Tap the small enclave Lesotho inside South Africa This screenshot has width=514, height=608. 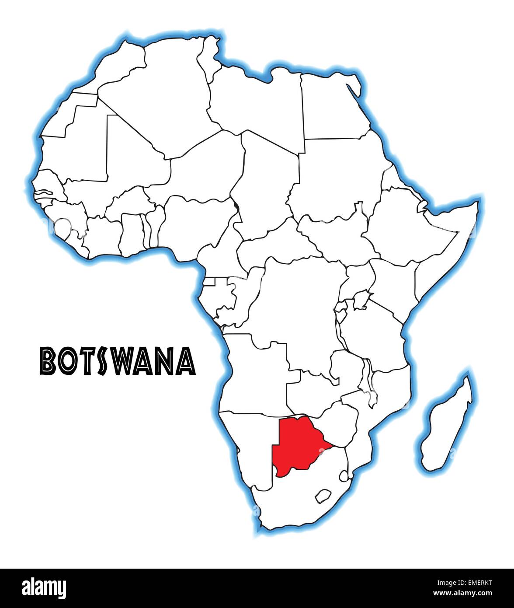[322, 496]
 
